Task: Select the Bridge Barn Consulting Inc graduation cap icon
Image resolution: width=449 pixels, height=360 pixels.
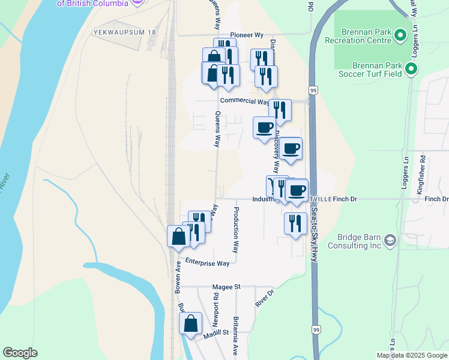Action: pyautogui.click(x=391, y=240)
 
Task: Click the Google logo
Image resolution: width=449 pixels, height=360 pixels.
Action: pyautogui.click(x=20, y=353)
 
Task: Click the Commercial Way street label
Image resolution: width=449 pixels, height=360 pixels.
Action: pyautogui.click(x=244, y=101)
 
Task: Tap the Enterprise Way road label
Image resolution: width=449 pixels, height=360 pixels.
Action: pyautogui.click(x=207, y=262)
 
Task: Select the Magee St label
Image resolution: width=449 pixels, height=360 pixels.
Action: pyautogui.click(x=226, y=287)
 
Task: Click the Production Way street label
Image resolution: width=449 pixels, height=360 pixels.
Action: pyautogui.click(x=236, y=230)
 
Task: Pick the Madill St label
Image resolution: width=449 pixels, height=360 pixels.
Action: pyautogui.click(x=216, y=332)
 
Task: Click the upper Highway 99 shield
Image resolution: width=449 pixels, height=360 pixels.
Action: pyautogui.click(x=313, y=90)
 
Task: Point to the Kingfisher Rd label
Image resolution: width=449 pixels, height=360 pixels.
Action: pyautogui.click(x=422, y=173)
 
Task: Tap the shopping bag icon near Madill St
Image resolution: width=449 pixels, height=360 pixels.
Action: pyautogui.click(x=190, y=324)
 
